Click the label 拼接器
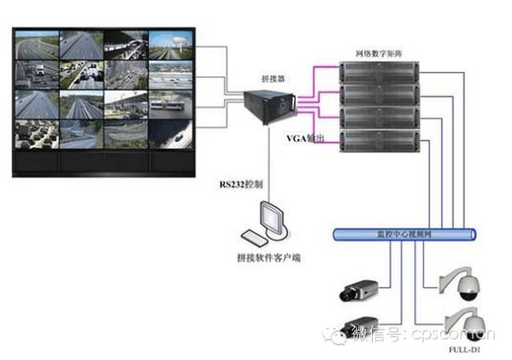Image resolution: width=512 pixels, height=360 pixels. (274, 79)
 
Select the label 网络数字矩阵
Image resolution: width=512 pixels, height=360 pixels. (380, 54)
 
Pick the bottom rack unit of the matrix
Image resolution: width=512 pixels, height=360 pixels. (378, 141)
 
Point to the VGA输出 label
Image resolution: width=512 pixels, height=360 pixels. (306, 139)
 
